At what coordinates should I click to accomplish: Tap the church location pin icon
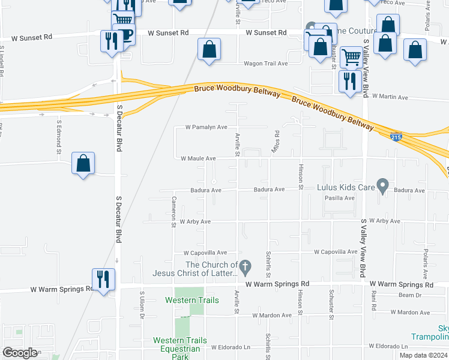(244, 265)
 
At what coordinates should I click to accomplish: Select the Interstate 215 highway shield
(396, 137)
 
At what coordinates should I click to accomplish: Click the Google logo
(20, 352)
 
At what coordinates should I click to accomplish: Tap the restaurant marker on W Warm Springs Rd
(103, 279)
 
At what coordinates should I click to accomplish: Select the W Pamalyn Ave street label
(206, 127)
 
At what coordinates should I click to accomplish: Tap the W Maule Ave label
(198, 158)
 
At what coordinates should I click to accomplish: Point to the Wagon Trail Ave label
(265, 63)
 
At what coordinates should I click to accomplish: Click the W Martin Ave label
(390, 97)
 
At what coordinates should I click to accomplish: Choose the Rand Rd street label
(373, 298)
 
